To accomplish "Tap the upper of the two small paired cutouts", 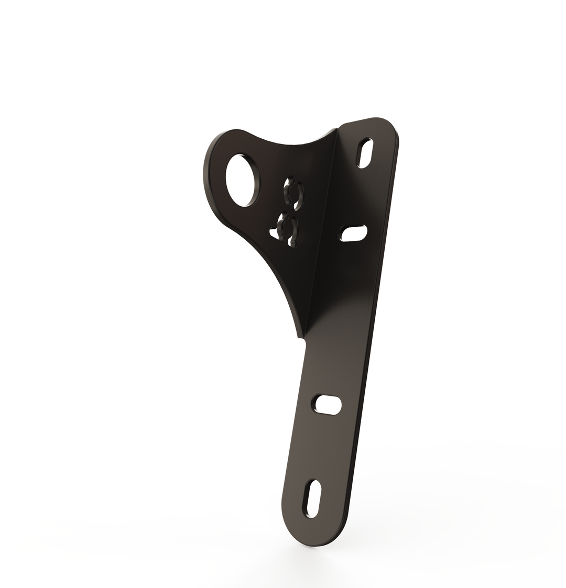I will (x=293, y=194).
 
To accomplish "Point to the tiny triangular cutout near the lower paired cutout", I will (x=274, y=235).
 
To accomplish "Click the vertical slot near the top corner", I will (x=365, y=153).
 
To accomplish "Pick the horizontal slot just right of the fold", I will (x=354, y=233).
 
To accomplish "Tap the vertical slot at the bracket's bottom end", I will (x=313, y=498).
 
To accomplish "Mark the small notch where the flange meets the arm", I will (x=302, y=341).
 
